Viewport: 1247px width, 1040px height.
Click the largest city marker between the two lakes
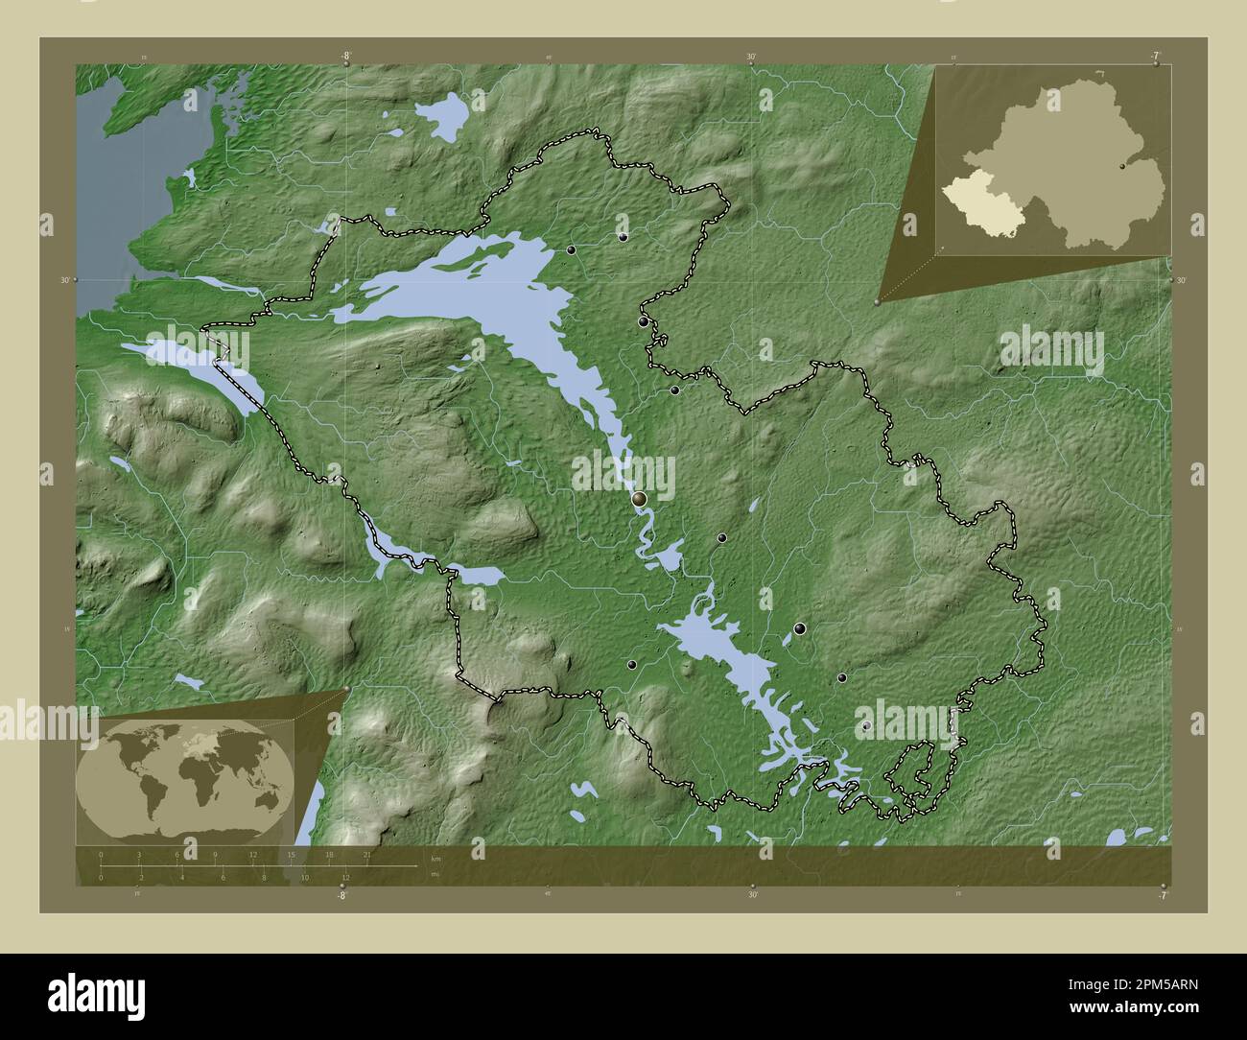coord(640,498)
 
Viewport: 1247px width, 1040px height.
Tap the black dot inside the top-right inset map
coord(1122,165)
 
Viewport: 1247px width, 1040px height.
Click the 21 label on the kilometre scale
coord(366,854)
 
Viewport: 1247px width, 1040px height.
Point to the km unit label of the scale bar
coord(435,858)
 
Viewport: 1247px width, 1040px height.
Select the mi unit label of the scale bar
coord(435,874)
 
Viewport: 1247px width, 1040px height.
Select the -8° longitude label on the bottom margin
coord(341,895)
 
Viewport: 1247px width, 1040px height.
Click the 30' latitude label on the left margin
coord(64,279)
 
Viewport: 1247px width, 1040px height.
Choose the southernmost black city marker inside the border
coord(866,727)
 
